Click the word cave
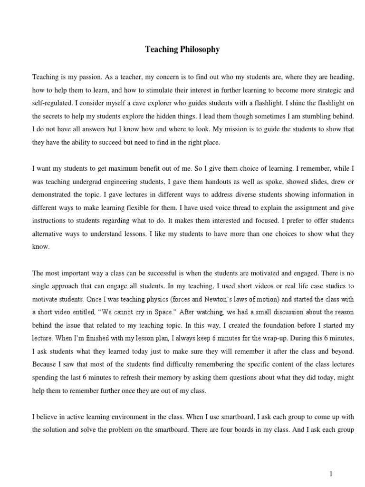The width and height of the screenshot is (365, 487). pyautogui.click(x=140, y=103)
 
